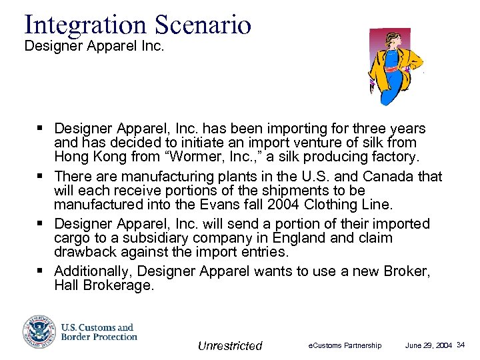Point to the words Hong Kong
(x=85, y=157)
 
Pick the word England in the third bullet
(x=308, y=238)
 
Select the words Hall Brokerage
(x=104, y=285)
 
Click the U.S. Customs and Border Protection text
(x=99, y=332)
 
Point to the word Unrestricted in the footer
(x=230, y=345)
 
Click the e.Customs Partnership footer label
(x=345, y=345)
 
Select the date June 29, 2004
(x=429, y=345)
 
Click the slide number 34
(x=461, y=345)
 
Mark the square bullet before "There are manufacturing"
(x=41, y=177)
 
